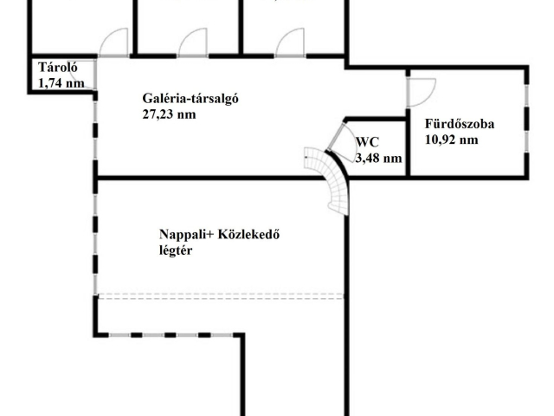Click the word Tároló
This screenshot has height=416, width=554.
[x=58, y=68]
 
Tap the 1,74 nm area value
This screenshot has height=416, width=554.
[x=61, y=83]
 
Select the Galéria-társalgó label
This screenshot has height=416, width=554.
[x=190, y=99]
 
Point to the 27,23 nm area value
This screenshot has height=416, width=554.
[x=169, y=114]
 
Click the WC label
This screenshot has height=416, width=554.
[x=367, y=142]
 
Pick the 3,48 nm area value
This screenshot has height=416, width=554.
[x=378, y=158]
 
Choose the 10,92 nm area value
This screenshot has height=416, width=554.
[x=452, y=140]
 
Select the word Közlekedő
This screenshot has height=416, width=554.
[x=249, y=234]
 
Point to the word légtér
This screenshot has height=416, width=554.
[x=176, y=250]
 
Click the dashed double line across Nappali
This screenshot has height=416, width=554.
[x=221, y=296]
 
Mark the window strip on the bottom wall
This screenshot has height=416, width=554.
[x=171, y=335]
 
